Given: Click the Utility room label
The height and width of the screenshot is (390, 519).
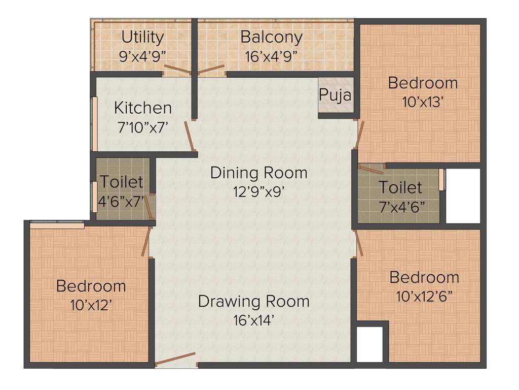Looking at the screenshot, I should pos(143,38).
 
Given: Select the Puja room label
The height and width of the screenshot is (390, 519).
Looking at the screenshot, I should pos(335,94).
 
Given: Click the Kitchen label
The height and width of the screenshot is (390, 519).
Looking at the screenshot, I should pos(142,108).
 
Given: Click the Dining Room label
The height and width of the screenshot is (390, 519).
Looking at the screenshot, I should pos(258,173).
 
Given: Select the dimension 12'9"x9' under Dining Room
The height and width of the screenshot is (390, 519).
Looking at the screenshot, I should pos(258,191).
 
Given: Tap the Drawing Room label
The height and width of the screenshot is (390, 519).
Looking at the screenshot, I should pos(253,301).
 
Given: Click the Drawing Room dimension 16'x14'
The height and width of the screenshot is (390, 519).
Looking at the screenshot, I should pos(253,320).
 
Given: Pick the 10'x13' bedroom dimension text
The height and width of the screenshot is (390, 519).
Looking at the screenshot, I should pos(423,102).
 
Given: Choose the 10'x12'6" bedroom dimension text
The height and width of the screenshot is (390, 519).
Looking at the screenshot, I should pos(424,296).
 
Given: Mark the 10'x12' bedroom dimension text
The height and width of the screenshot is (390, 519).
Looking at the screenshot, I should pos(91,305).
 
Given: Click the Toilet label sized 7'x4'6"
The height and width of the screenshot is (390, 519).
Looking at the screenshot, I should pos(400,188).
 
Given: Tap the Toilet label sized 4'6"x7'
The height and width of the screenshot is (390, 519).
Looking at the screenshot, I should pos(122,181).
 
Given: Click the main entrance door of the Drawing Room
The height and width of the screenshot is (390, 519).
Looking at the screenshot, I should pos(175,359).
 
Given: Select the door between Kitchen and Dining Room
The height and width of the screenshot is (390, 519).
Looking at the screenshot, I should pos(191,136).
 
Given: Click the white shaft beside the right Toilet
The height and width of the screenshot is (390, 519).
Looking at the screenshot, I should pos(462,196).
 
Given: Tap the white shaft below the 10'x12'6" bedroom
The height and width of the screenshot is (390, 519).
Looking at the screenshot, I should pos(369,344).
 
